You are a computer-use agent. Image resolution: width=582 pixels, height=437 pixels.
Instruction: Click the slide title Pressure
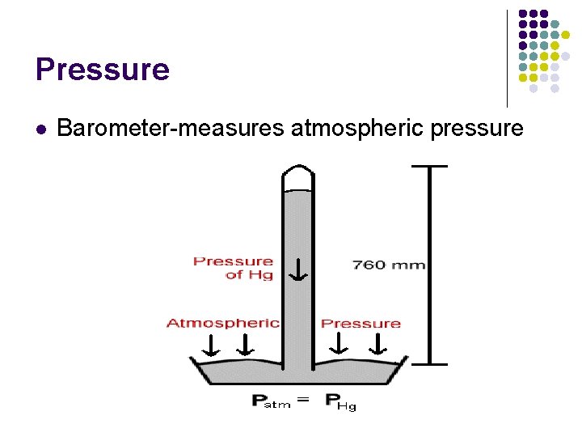(103, 70)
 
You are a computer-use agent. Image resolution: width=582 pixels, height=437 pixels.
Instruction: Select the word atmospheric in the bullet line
(340, 128)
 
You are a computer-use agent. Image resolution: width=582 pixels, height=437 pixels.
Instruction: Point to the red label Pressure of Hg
(233, 268)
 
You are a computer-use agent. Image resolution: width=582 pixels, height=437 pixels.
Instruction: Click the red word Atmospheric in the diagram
(223, 323)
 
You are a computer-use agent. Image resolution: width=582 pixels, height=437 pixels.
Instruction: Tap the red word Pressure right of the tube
(361, 324)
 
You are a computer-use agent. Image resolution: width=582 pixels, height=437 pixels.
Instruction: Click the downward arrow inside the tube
(298, 269)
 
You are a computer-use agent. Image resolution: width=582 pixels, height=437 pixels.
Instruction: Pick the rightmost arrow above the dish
(377, 345)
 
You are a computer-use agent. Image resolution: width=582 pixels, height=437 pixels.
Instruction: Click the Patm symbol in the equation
(272, 401)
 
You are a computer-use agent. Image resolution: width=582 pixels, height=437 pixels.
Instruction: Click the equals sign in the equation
(302, 399)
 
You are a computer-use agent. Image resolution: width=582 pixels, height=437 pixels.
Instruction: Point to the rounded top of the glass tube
(297, 175)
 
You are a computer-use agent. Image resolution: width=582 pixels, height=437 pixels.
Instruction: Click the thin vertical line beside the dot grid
(507, 58)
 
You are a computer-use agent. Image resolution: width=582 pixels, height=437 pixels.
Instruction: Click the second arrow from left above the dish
(243, 346)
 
